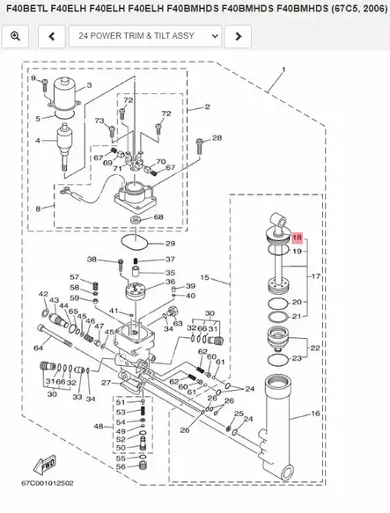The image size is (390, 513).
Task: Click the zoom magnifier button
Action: coord(15,36)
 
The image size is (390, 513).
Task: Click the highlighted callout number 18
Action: coord(297,238)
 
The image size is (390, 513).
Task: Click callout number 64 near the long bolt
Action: coord(38,348)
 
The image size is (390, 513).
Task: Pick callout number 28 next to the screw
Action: coord(217,138)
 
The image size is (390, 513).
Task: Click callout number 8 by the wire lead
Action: coord(39,208)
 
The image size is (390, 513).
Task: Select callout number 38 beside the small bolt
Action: coord(92,260)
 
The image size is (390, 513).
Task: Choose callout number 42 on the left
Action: coord(43,294)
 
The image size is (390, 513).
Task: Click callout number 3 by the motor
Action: coord(89,84)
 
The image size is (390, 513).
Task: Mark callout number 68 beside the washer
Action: coord(158,217)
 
